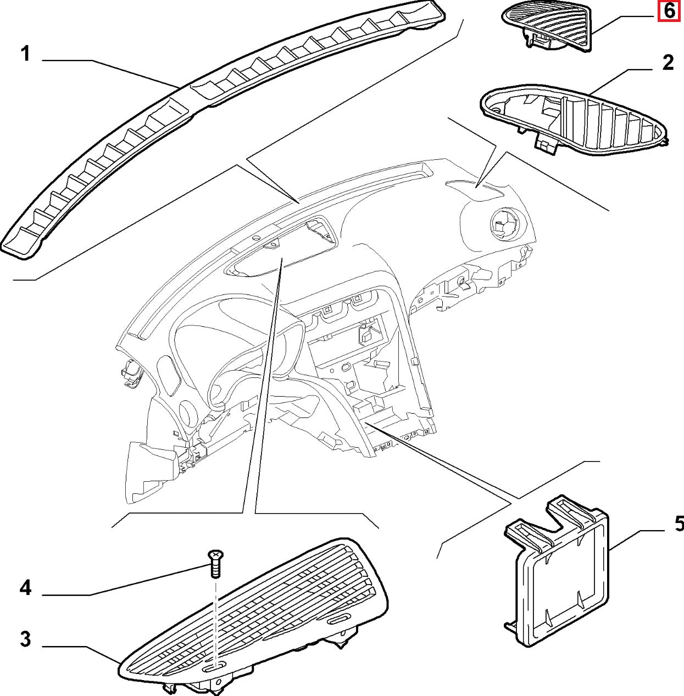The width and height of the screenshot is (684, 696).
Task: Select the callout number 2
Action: point(667,62)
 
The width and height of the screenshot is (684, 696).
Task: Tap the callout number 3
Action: point(25,640)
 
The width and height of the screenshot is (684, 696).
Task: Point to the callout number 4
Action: point(25,589)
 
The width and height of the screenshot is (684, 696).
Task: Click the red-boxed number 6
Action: point(668,10)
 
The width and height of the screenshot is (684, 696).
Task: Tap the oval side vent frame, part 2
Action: point(571,118)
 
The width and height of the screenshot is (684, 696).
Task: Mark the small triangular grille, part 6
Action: point(549,25)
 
